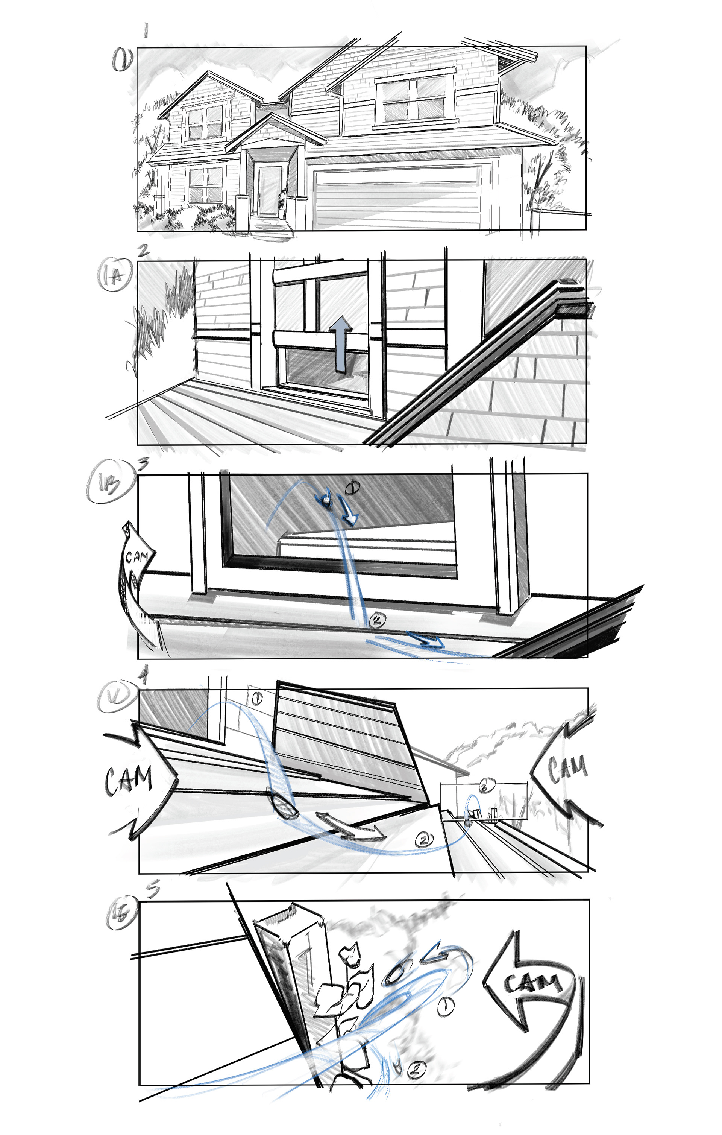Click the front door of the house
(269, 190)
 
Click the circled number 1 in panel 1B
(352, 488)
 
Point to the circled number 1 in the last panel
(445, 1007)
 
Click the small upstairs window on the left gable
(205, 123)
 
